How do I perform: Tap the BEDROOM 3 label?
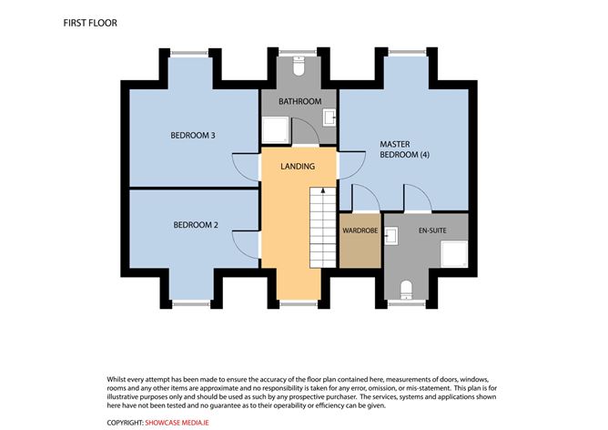[x=193, y=137]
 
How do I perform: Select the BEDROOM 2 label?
[x=196, y=224]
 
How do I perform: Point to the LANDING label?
[x=298, y=167]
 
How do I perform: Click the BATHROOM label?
[x=299, y=101]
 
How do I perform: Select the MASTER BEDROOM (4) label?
[x=404, y=149]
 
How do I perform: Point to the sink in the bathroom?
[x=329, y=118]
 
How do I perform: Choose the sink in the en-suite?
[x=391, y=236]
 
